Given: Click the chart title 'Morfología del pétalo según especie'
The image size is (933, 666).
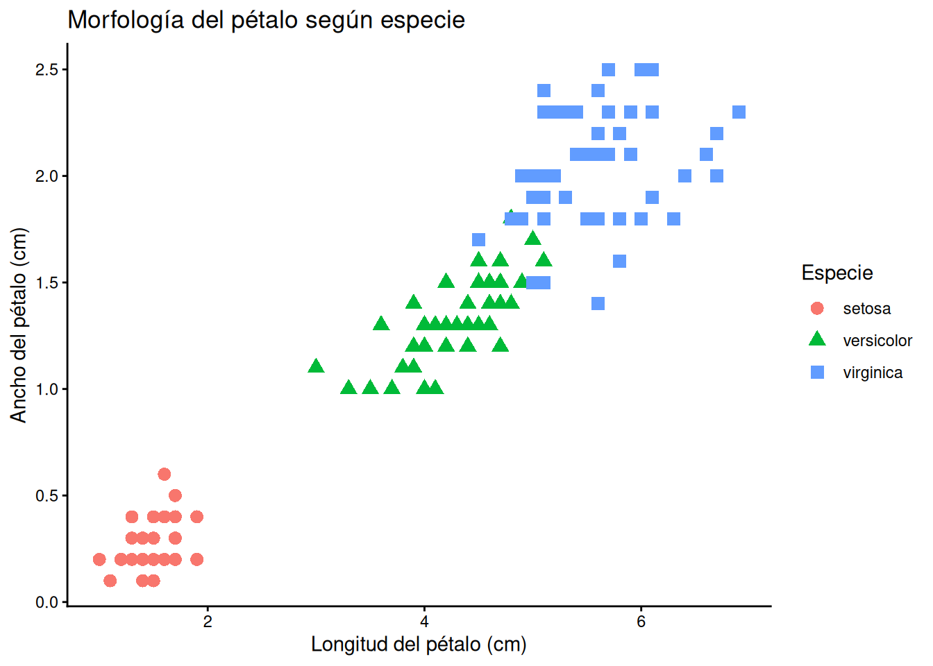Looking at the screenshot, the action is tap(266, 20).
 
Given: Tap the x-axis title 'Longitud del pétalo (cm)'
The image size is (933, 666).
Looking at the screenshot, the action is tap(419, 644).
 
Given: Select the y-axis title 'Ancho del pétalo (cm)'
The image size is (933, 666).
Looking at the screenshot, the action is tap(18, 325).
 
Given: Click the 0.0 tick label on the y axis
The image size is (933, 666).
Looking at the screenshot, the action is tap(47, 602).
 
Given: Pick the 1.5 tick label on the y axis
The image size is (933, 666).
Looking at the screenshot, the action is tap(47, 282).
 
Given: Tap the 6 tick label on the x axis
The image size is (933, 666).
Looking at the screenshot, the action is tap(641, 622).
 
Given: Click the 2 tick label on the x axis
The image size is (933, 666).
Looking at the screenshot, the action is tap(208, 622).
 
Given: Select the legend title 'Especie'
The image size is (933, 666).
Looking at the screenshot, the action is tap(837, 273).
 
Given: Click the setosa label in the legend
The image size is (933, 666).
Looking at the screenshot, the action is tap(867, 309).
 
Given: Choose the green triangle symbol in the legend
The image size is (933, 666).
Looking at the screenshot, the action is tap(817, 339).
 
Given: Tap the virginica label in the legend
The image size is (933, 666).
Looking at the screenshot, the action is tap(873, 373).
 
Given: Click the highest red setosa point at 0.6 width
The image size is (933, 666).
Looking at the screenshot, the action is tap(164, 474).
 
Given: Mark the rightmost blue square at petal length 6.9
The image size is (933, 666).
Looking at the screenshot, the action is tap(739, 112).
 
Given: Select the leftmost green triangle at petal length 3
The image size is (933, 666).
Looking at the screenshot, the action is tap(316, 366).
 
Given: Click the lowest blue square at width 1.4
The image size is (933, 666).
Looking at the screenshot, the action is tap(598, 303).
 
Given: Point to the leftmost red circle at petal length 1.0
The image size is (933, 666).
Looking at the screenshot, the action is tap(99, 559).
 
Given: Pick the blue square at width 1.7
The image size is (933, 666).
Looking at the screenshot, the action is tap(478, 240).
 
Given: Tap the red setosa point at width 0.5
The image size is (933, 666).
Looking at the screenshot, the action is tap(175, 495).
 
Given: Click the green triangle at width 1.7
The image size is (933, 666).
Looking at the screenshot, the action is tap(532, 239).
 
